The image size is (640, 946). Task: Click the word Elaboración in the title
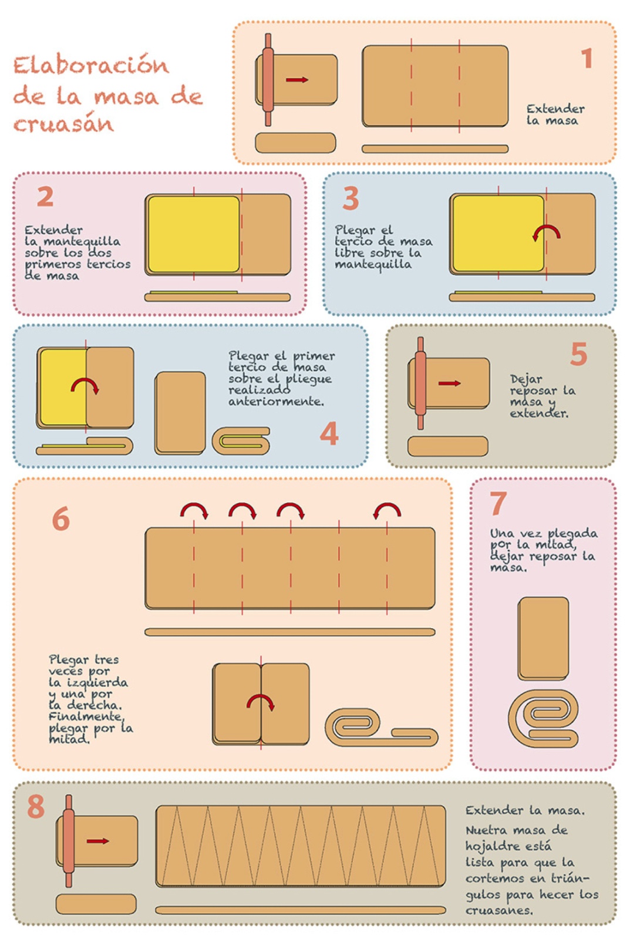91,65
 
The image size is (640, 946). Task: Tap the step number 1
587,58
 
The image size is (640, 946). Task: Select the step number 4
329,433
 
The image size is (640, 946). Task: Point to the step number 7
498,503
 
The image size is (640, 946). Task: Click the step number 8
36,806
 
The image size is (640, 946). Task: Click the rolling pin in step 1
268,79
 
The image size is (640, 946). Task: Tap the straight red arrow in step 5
449,383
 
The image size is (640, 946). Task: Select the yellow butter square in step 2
194,234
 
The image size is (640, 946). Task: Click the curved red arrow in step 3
546,233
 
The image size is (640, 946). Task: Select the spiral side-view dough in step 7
543,718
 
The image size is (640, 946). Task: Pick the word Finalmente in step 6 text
86,716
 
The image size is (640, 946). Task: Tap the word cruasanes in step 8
500,911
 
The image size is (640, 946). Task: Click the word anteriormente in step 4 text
277,401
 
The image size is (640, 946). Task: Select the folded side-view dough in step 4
241,441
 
